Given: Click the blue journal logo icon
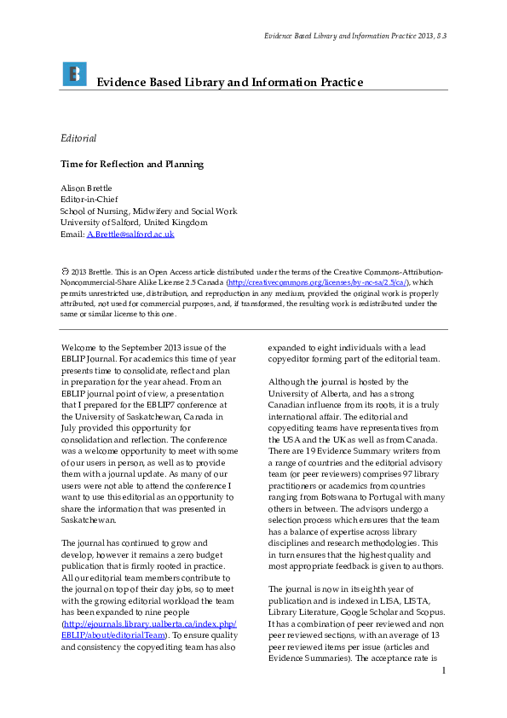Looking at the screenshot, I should pyautogui.click(x=74, y=74).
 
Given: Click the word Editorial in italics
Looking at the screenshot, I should pyautogui.click(x=78, y=138).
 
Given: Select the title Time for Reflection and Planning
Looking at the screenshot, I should pyautogui.click(x=132, y=164).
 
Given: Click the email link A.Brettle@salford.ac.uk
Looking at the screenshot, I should pyautogui.click(x=130, y=234).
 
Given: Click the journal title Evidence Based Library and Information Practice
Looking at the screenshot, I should pyautogui.click(x=230, y=83).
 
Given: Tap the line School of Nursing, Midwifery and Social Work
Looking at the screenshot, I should pyautogui.click(x=148, y=211).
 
